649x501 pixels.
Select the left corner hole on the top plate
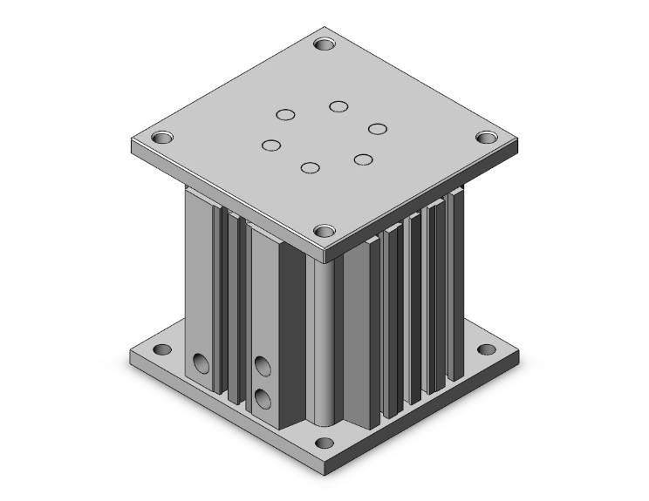coord(162,138)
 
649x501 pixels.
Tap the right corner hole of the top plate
coord(487,138)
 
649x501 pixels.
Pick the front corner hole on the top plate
coord(324,232)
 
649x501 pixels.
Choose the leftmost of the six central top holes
coord(272,145)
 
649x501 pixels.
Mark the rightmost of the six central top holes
coord(377,129)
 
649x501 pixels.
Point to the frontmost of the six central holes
coord(310,167)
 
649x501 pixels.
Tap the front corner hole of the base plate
coord(324,442)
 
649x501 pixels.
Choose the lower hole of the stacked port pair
coord(262,398)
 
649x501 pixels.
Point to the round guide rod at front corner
coord(320,340)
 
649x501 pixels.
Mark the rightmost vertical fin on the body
coord(455,288)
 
